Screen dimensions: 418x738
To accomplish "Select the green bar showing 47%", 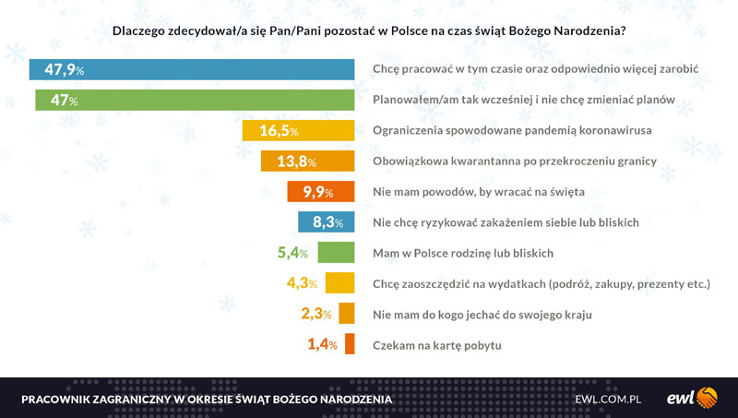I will coord(195,100).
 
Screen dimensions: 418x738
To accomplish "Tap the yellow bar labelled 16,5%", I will coord(298,131).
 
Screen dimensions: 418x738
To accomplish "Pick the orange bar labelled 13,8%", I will coord(308,161).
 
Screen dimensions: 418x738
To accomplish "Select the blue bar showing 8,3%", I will coord(327,222).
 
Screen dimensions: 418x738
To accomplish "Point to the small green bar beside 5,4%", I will coord(337,252).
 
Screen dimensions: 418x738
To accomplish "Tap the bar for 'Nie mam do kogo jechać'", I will coord(347,314).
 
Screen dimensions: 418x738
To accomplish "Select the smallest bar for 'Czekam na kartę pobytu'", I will coord(351,345).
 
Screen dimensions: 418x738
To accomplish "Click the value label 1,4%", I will coord(322,345).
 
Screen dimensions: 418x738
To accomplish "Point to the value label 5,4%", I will coord(297,252).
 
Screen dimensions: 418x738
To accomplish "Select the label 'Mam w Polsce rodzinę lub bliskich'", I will coord(462,253).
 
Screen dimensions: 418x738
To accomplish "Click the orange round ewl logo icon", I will coord(707,398).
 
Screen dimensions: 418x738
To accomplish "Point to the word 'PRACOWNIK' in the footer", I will coord(59,399).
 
